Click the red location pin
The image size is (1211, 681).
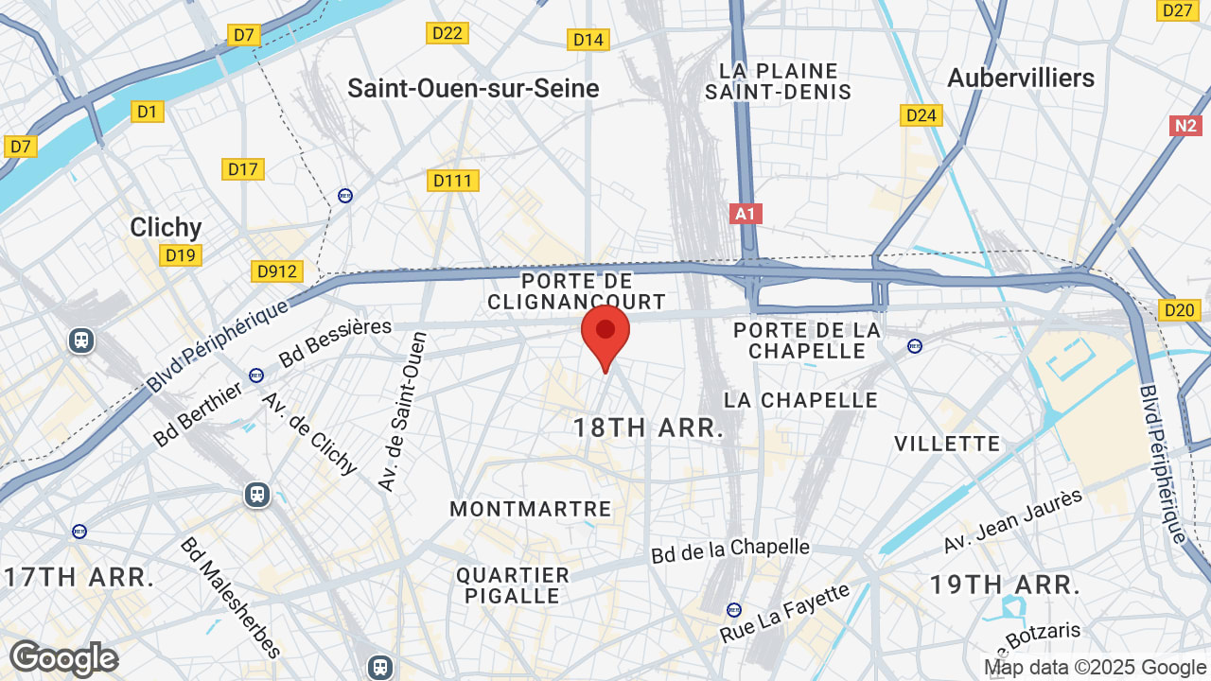pyautogui.click(x=605, y=334)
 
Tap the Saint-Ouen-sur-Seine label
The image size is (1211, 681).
pyautogui.click(x=473, y=89)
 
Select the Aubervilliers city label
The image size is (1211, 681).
pyautogui.click(x=1020, y=79)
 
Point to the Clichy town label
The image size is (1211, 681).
pyautogui.click(x=166, y=227)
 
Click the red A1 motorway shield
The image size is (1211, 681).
pyautogui.click(x=746, y=214)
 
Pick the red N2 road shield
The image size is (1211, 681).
pyautogui.click(x=1185, y=126)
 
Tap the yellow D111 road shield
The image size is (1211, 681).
pyautogui.click(x=453, y=181)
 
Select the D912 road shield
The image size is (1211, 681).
pyautogui.click(x=277, y=272)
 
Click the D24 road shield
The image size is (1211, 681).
pyautogui.click(x=921, y=115)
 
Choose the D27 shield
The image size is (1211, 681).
pyautogui.click(x=1178, y=10)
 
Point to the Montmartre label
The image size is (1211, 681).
pyautogui.click(x=531, y=509)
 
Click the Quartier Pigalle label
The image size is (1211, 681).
pyautogui.click(x=513, y=585)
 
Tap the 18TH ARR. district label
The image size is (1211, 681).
pyautogui.click(x=648, y=428)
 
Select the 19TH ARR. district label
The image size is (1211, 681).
pyautogui.click(x=1005, y=585)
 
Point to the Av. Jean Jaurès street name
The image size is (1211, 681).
pyautogui.click(x=1012, y=522)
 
